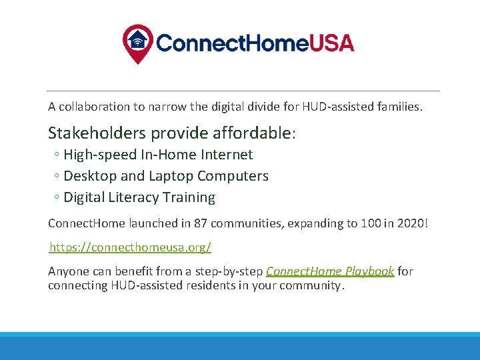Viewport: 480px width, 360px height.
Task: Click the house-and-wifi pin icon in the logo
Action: point(137,43)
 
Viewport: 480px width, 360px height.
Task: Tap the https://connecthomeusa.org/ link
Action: point(131,247)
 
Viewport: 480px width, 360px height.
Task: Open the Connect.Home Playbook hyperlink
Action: point(330,271)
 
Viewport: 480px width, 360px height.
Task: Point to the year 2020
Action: point(409,223)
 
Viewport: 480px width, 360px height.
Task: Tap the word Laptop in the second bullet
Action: point(170,176)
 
